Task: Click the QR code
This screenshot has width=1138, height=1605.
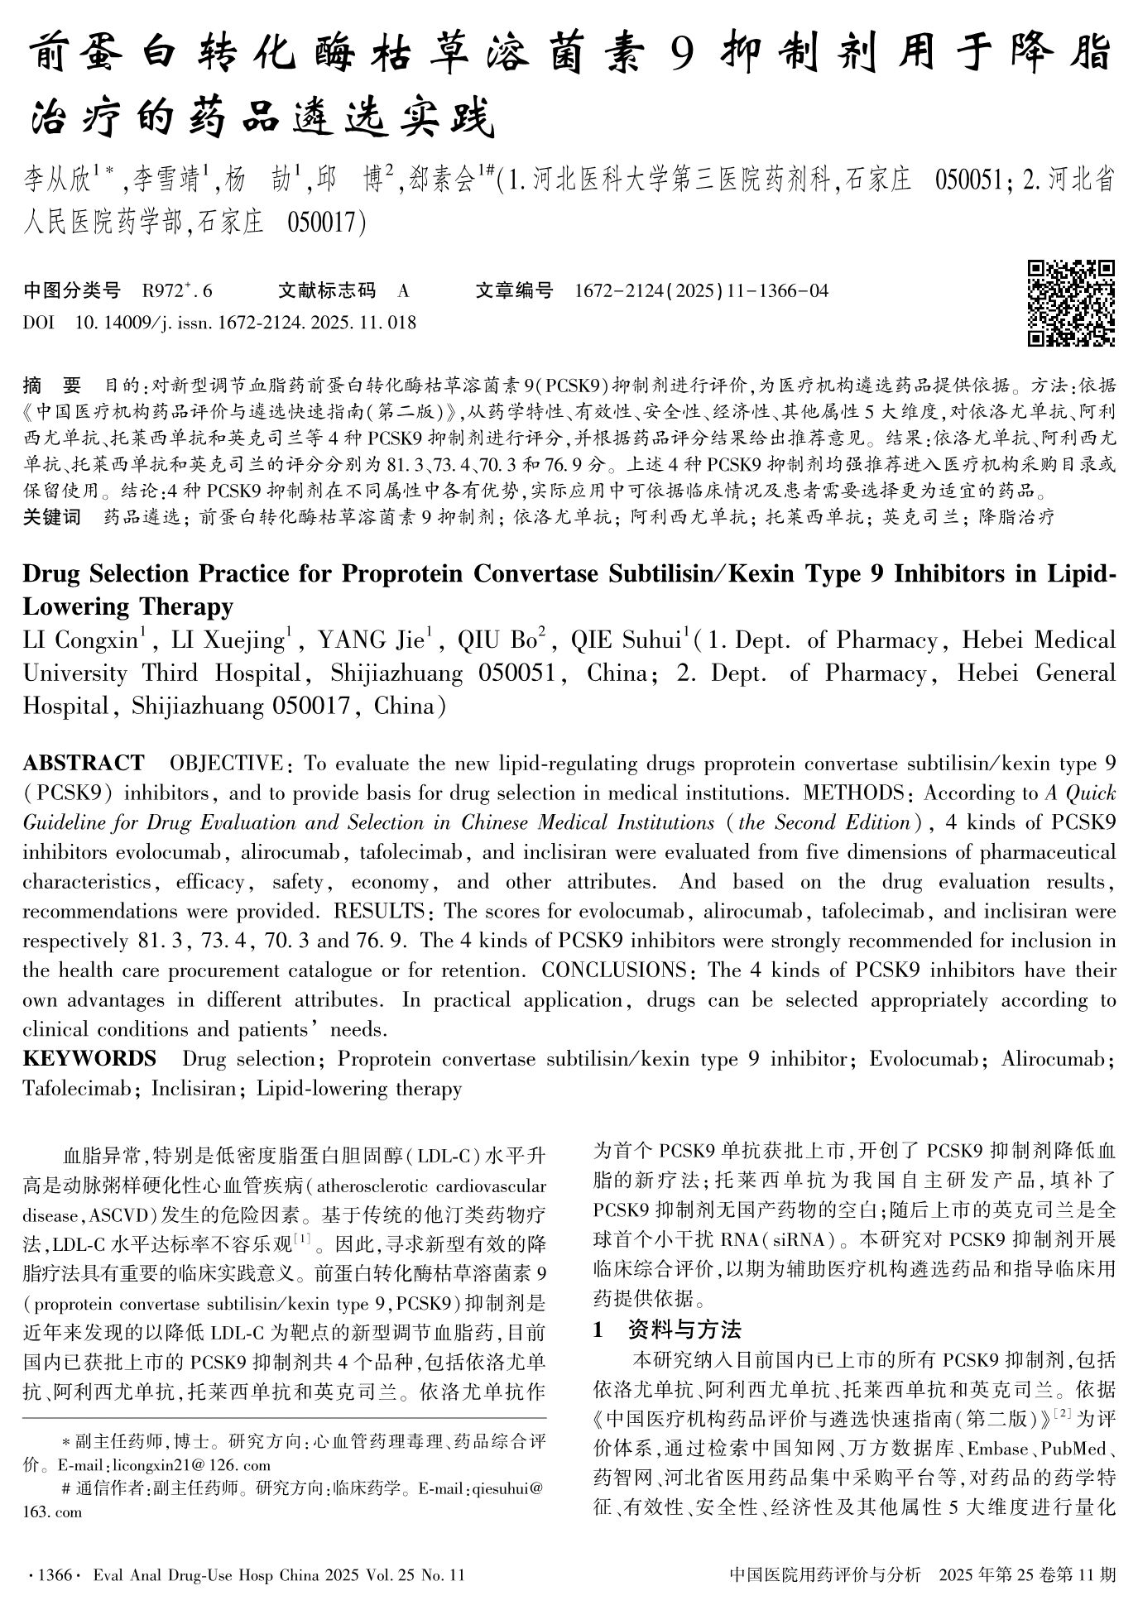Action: tap(1071, 303)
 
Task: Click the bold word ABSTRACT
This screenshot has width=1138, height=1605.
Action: tap(83, 762)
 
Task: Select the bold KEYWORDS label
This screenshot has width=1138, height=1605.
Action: tap(89, 1058)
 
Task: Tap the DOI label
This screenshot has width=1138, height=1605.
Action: tap(38, 323)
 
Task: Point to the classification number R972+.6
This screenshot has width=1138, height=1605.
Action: tap(177, 290)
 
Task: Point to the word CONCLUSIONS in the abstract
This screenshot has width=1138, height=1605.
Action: tap(619, 970)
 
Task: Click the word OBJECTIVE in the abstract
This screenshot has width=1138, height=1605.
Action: tap(225, 762)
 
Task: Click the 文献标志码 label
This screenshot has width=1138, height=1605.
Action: tap(327, 290)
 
